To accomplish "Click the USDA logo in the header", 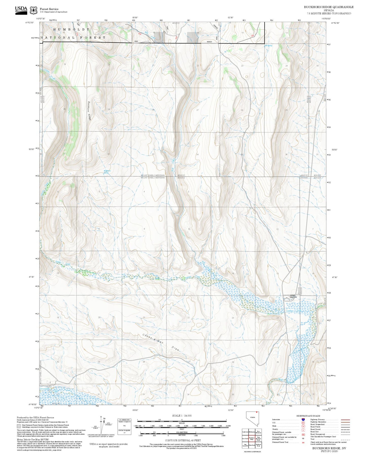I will click(x=21, y=10).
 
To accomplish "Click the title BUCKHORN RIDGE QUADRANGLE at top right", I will click(x=329, y=7).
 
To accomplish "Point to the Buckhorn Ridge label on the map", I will click(x=89, y=111).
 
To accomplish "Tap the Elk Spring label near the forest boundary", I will click(x=268, y=46).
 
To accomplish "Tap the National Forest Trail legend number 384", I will click(x=303, y=442).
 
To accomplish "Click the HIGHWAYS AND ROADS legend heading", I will click(x=308, y=416).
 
